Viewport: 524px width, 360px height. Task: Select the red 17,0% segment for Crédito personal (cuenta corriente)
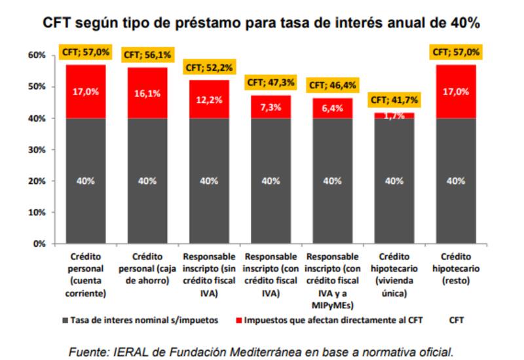(x=85, y=92)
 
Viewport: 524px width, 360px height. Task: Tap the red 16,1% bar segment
(x=147, y=93)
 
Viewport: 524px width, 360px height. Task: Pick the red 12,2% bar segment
(x=209, y=99)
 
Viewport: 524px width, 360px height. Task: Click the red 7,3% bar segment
(x=271, y=107)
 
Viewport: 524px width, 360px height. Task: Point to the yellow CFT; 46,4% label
(x=332, y=85)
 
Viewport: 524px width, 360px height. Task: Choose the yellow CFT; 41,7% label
(x=394, y=100)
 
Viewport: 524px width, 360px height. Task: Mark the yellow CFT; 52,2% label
(x=209, y=67)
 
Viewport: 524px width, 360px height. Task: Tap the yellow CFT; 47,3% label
(x=271, y=82)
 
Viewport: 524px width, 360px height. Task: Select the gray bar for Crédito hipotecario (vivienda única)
(x=394, y=181)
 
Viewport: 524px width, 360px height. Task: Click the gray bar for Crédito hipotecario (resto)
(x=456, y=181)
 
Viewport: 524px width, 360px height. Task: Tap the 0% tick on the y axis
(x=39, y=243)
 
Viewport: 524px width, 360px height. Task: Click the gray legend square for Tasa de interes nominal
(x=66, y=321)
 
